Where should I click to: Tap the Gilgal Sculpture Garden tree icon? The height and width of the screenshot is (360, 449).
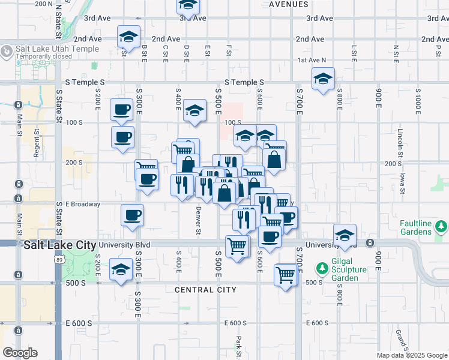pyautogui.click(x=322, y=266)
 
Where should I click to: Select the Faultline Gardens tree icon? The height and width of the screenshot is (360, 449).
pyautogui.click(x=442, y=226)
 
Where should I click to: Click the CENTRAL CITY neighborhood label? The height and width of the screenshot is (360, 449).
pyautogui.click(x=203, y=290)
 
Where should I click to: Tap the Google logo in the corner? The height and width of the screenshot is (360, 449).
pyautogui.click(x=20, y=353)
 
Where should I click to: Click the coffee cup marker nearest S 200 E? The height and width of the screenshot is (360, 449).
pyautogui.click(x=122, y=110)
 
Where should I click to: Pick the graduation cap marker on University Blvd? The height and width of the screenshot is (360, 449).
pyautogui.click(x=345, y=235)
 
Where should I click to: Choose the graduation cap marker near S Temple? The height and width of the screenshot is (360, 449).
pyautogui.click(x=323, y=79)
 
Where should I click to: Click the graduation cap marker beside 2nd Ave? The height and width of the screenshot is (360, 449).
pyautogui.click(x=128, y=37)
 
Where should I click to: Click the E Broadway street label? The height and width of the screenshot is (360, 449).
pyautogui.click(x=83, y=204)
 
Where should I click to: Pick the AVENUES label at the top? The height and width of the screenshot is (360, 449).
pyautogui.click(x=288, y=4)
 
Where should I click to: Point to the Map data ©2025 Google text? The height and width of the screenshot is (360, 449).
pyautogui.click(x=411, y=355)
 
